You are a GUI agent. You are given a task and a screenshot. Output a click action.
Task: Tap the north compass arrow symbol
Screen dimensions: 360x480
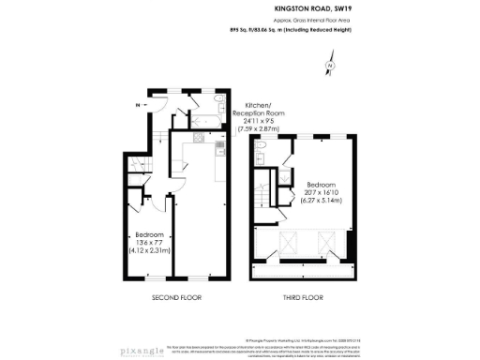330,66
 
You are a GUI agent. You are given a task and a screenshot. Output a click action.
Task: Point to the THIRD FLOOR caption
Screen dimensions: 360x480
302,297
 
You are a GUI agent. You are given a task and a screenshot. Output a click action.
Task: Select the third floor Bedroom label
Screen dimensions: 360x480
322,185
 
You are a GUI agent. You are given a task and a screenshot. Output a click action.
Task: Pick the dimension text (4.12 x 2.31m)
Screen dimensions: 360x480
149,252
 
